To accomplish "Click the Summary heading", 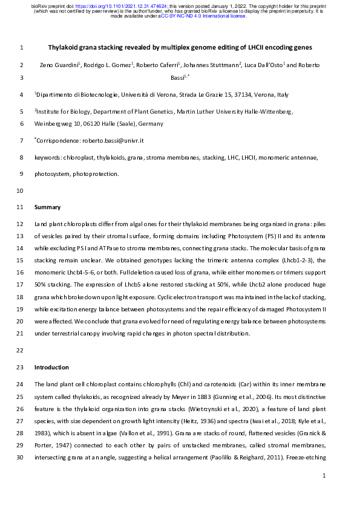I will tap(48, 207).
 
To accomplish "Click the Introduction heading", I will tap(52, 367).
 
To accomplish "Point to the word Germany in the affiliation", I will tap(151, 124).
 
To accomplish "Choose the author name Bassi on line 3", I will tap(179, 78).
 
